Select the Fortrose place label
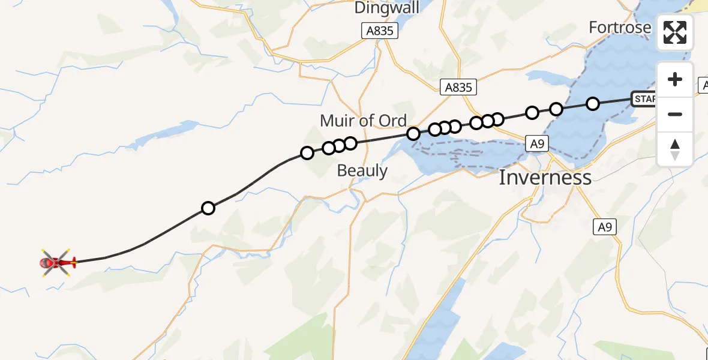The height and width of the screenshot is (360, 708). coord(619,28)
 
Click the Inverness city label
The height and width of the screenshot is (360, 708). coord(545,178)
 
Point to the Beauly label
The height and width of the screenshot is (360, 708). coord(362,170)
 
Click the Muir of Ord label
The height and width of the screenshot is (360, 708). coord(363,121)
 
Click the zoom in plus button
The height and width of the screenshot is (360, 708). coord(675,80)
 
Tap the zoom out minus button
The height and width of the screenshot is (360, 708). coord(675,114)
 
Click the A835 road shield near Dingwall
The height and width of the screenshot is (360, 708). coord(380,31)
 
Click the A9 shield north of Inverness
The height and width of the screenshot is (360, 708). coord(536,143)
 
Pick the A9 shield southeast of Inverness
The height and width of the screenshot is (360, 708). coord(605,227)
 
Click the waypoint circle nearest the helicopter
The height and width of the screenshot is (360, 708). coord(208,208)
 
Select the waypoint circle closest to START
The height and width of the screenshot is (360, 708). coord(592,104)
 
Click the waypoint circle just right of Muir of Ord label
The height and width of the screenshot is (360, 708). coord(413,134)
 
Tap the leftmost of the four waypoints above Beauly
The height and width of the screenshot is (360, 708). coord(307,153)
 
